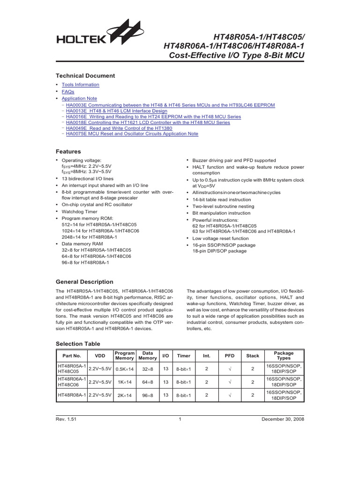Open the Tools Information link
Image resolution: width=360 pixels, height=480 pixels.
[x=80, y=85]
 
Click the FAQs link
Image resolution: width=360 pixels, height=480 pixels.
[x=68, y=92]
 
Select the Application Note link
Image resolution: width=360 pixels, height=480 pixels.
[x=79, y=99]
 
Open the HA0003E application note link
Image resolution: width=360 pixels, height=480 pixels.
[x=170, y=105]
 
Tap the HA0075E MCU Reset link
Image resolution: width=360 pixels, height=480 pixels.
[x=132, y=134]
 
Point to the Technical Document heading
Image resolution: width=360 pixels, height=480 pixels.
[x=85, y=76]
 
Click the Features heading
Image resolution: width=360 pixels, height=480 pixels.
[x=68, y=152]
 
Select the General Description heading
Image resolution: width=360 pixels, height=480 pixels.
[x=84, y=282]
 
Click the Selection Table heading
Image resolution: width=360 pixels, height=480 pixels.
[x=78, y=344]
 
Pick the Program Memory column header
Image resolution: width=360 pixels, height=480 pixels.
[x=125, y=356]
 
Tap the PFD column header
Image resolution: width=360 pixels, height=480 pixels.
[x=230, y=356]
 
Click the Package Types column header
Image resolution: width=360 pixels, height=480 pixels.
[x=284, y=356]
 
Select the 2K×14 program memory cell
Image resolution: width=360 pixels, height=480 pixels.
[x=125, y=396]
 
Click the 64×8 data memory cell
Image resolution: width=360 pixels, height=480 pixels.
[x=148, y=382]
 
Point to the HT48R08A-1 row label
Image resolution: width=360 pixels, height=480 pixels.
[x=72, y=396]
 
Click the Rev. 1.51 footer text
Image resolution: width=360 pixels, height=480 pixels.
[x=66, y=420]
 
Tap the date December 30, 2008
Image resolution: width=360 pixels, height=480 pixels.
[x=283, y=420]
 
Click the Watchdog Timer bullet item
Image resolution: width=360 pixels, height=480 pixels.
[x=82, y=211]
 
